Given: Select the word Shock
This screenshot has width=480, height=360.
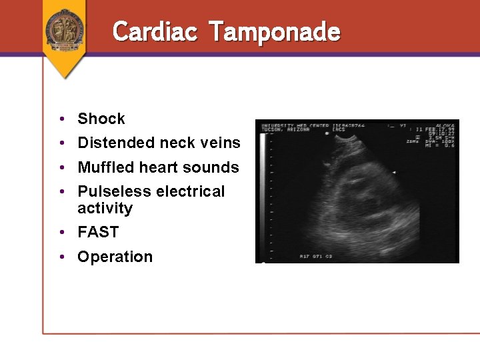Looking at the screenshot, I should tap(101, 119).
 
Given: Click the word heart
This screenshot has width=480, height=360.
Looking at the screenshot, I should tap(159, 167).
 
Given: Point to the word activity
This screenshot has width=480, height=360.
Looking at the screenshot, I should tap(105, 208).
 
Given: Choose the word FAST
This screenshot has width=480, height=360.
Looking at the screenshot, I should tap(98, 233).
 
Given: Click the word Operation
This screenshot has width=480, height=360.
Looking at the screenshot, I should tap(115, 257).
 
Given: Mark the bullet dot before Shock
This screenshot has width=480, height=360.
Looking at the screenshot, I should tap(61, 119).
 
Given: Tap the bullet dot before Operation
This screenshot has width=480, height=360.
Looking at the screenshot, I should tap(61, 257).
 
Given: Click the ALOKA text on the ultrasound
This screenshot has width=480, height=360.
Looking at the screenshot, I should tap(445, 125).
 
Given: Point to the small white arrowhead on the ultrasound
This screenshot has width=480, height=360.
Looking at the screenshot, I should tap(394, 173).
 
